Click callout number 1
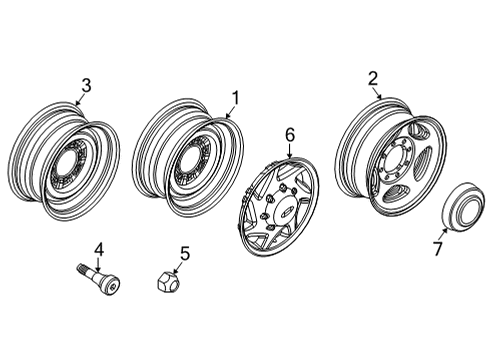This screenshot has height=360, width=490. click(x=236, y=98)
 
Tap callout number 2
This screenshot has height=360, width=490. click(x=372, y=78)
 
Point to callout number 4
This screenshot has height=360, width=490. click(x=99, y=250)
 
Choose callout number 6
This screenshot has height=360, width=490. click(x=290, y=133)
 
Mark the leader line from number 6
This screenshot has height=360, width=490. click(x=289, y=149)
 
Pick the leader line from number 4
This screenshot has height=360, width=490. click(x=98, y=263)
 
